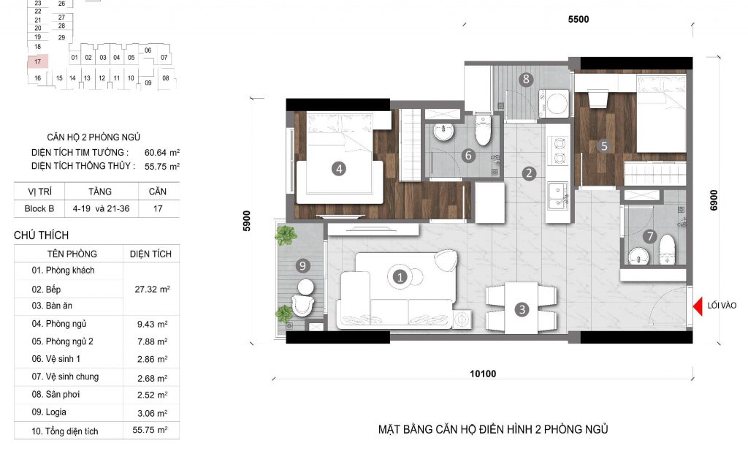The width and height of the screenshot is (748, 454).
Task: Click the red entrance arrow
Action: tap(698, 306)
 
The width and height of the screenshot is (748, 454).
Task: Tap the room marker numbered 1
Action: tap(400, 276)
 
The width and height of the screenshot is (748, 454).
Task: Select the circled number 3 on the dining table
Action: tap(522, 309)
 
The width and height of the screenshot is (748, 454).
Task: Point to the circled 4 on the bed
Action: tap(339, 168)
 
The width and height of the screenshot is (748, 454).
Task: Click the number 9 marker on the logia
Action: tap(302, 265)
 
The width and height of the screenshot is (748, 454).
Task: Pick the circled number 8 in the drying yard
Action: tap(526, 79)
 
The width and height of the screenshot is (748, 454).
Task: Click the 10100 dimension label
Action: tap(483, 374)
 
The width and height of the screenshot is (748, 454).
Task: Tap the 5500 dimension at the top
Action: tap(579, 20)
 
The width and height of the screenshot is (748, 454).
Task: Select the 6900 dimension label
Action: tap(714, 200)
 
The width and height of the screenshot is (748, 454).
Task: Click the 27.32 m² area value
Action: tap(152, 290)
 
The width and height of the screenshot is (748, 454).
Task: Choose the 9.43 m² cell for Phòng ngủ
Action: tap(152, 324)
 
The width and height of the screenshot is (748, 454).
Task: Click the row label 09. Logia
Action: tap(49, 412)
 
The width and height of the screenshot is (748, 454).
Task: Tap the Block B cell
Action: tap(39, 208)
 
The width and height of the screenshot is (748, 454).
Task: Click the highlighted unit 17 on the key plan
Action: tap(38, 61)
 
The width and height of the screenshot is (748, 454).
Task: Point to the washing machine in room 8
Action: tap(554, 103)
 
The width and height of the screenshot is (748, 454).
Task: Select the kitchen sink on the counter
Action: tap(558, 196)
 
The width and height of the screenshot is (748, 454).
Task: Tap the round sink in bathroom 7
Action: tap(638, 257)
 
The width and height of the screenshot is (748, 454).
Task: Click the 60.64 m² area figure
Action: tap(162, 153)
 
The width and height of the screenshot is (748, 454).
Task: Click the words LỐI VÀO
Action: tap(722, 306)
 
